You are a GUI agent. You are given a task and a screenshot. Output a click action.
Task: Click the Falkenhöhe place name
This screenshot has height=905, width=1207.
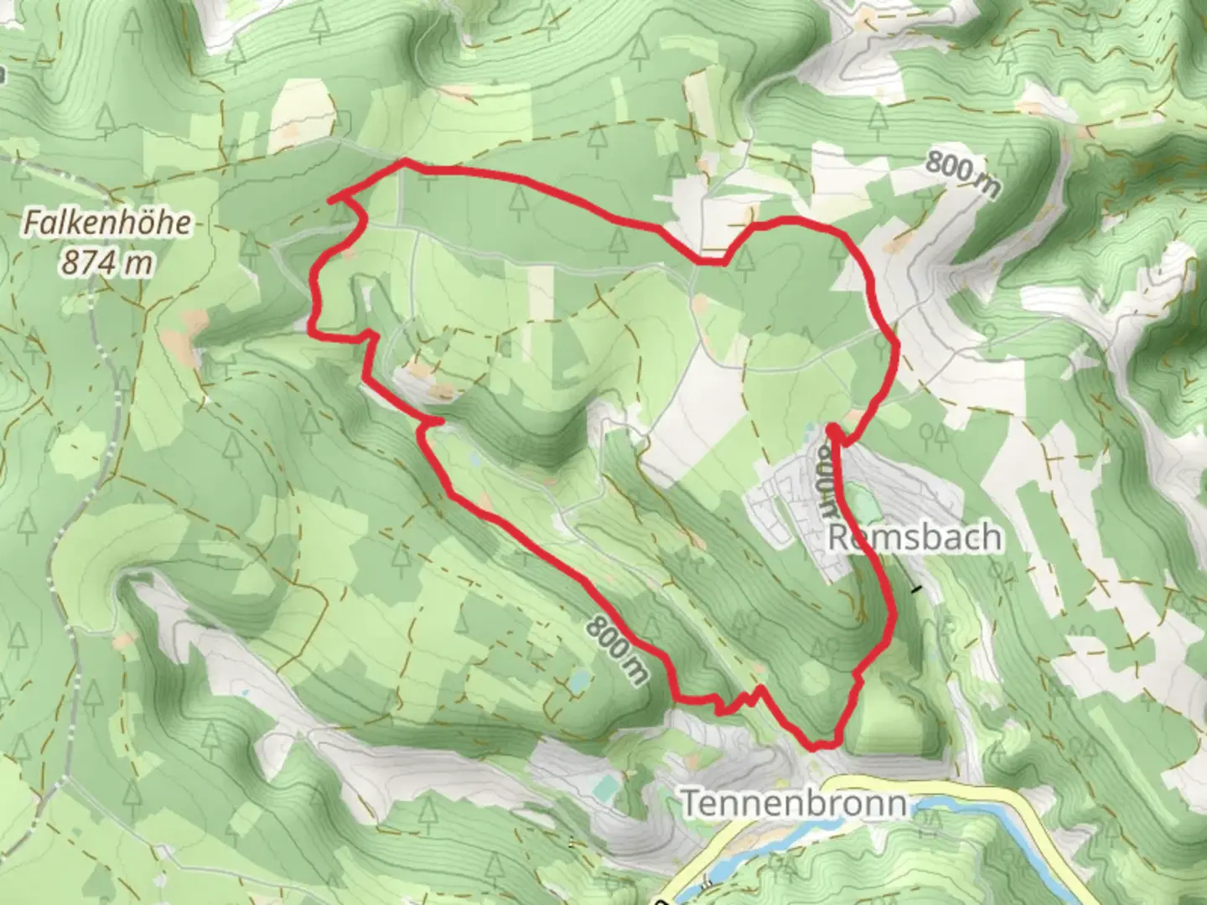tap(107, 224)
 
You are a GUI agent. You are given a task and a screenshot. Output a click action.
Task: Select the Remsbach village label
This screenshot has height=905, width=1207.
tap(915, 537)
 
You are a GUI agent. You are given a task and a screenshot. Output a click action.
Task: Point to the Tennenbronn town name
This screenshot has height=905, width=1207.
tap(793, 803)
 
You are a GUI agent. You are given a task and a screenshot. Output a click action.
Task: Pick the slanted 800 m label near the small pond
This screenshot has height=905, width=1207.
tap(619, 649)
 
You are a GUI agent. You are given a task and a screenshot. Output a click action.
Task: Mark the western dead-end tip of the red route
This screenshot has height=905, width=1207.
tap(331, 199)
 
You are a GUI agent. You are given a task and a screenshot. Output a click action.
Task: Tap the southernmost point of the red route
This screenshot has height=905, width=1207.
tap(813, 746)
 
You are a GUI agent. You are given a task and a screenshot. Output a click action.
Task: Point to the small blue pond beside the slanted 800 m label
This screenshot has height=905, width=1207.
tap(577, 682)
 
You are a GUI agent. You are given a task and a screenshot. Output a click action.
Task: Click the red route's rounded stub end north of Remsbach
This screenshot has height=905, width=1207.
tap(832, 430)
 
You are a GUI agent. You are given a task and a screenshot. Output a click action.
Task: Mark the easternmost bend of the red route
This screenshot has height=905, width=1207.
tap(897, 345)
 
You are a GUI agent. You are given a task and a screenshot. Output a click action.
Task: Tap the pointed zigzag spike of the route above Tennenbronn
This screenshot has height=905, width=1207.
tap(759, 689)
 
